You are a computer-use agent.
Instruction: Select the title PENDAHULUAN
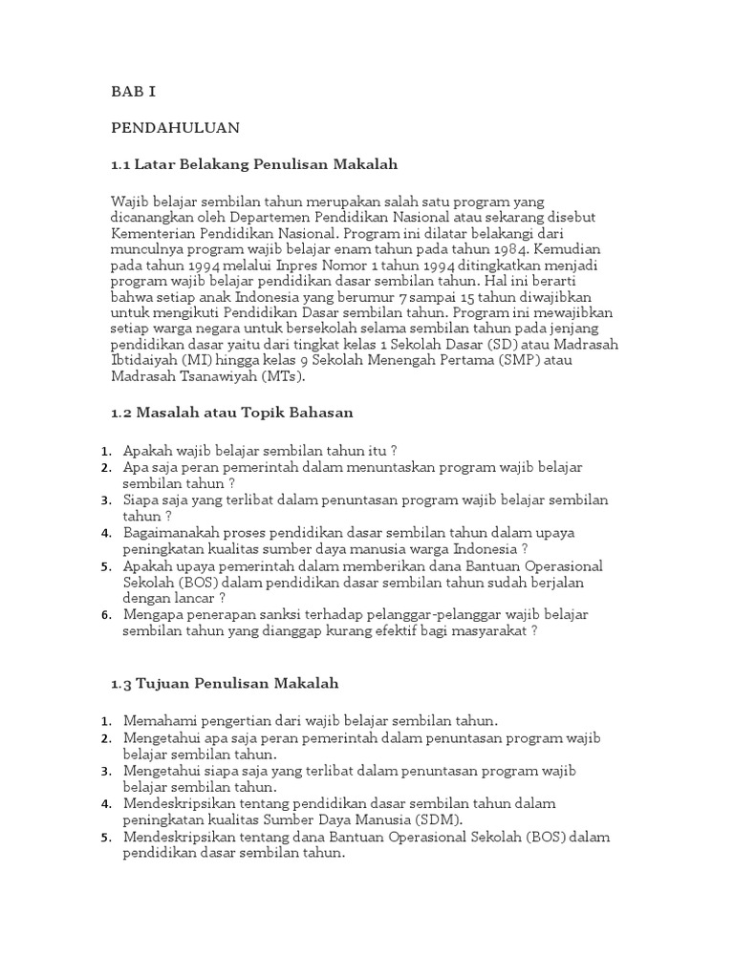175,127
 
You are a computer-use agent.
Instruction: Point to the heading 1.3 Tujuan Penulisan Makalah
225,684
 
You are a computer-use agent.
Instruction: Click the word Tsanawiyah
221,377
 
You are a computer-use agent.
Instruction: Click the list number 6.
105,615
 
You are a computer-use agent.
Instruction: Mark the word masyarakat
486,630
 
